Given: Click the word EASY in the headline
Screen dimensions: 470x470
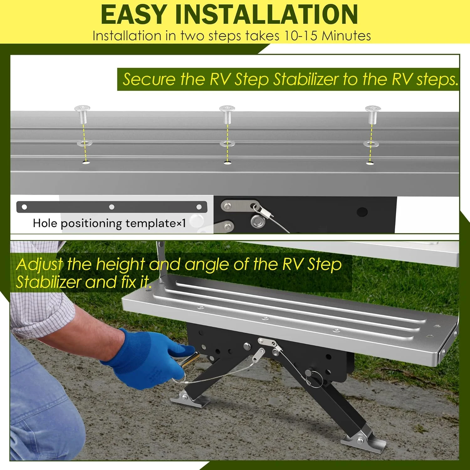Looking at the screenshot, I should [x=133, y=14].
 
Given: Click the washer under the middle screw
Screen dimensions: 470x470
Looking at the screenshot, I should [x=227, y=144].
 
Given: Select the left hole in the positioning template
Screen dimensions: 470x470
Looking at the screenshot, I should [x=24, y=207].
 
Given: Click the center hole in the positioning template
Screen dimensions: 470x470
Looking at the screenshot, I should [x=112, y=207].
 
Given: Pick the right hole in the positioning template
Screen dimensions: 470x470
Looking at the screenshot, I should [x=199, y=207].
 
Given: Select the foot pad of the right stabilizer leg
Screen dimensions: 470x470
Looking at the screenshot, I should [x=363, y=442].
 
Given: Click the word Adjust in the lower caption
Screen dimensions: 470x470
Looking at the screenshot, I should [x=39, y=265].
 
